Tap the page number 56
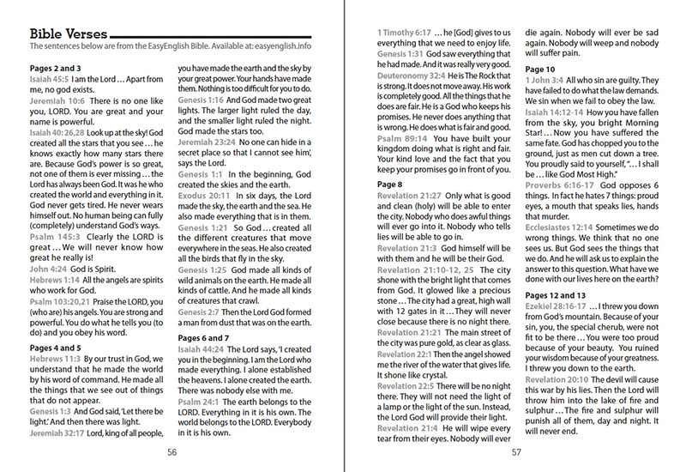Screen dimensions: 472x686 [x=172, y=452]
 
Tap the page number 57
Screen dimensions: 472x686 [x=517, y=452]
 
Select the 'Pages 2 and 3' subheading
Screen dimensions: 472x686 [x=57, y=68]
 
